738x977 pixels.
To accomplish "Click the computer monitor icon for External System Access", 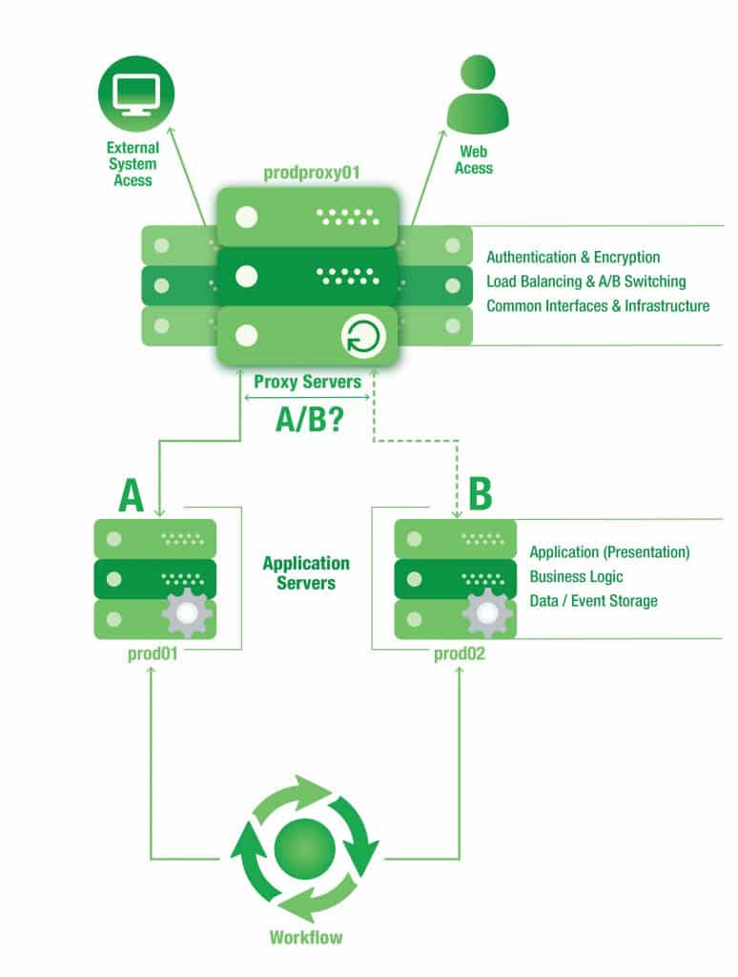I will (x=132, y=94).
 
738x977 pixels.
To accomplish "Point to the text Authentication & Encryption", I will (x=573, y=258).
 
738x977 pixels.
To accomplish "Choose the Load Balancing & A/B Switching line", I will (x=585, y=281).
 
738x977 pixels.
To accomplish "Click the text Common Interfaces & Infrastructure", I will (x=598, y=306).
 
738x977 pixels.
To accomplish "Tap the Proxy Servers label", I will (x=307, y=382).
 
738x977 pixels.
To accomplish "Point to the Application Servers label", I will (x=306, y=572).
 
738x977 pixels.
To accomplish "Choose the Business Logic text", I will (x=576, y=576).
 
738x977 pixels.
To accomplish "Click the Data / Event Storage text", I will (x=593, y=601).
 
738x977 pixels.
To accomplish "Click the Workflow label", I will (x=305, y=937).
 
